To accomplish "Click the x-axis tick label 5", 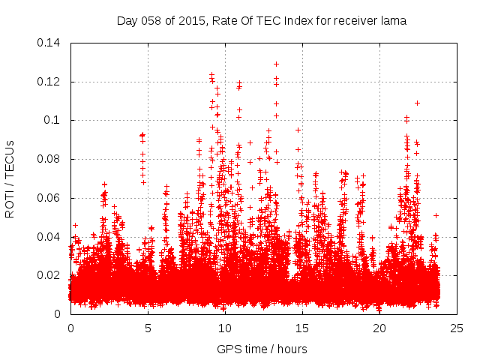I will coord(148,328).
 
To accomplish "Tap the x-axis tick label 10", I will coord(225,328).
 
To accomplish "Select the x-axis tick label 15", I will coord(302,328).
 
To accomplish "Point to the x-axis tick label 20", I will coord(379,328).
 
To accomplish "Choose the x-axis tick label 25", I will coord(457,328).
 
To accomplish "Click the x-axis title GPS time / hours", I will coord(262,349).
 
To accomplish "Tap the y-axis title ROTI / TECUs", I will coord(10,178).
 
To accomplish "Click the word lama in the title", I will coord(394,21).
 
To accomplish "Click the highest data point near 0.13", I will coord(276,64).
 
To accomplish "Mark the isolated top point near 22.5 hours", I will coord(417,103).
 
